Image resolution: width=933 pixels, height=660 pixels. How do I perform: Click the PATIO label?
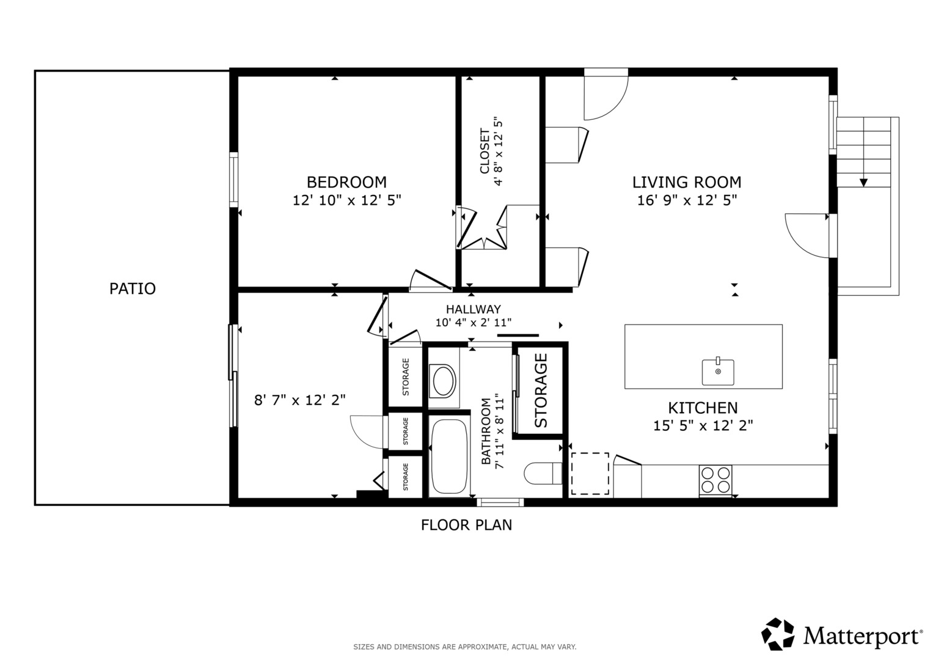tap(133, 288)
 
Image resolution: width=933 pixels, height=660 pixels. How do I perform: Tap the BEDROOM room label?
tap(346, 182)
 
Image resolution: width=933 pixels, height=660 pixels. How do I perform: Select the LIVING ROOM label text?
tap(687, 182)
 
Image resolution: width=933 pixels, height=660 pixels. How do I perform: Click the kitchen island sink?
tap(718, 372)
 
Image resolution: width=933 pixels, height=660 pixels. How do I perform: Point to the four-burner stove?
tap(715, 480)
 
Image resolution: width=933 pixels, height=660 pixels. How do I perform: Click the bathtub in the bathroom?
tap(449, 456)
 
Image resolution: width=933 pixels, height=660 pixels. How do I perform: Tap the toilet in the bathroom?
tap(543, 474)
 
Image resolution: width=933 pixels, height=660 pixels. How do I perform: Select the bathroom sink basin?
tap(444, 380)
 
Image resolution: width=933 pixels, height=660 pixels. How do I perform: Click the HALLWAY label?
tap(473, 309)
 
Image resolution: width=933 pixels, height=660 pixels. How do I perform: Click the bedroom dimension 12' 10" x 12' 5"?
tap(346, 200)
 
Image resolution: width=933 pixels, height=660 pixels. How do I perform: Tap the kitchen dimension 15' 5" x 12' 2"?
tap(703, 426)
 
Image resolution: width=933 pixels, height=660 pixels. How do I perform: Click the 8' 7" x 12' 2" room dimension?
tap(300, 400)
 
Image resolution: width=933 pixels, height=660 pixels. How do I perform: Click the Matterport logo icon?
tap(778, 634)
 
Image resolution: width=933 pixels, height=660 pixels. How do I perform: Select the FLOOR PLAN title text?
tap(467, 525)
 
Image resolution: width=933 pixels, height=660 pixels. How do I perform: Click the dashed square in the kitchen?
tap(590, 474)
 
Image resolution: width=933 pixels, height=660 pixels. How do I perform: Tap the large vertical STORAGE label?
tap(541, 391)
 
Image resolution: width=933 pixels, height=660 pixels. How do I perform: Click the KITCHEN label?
tap(703, 408)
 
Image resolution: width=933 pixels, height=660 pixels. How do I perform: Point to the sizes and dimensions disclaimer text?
tap(465, 647)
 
